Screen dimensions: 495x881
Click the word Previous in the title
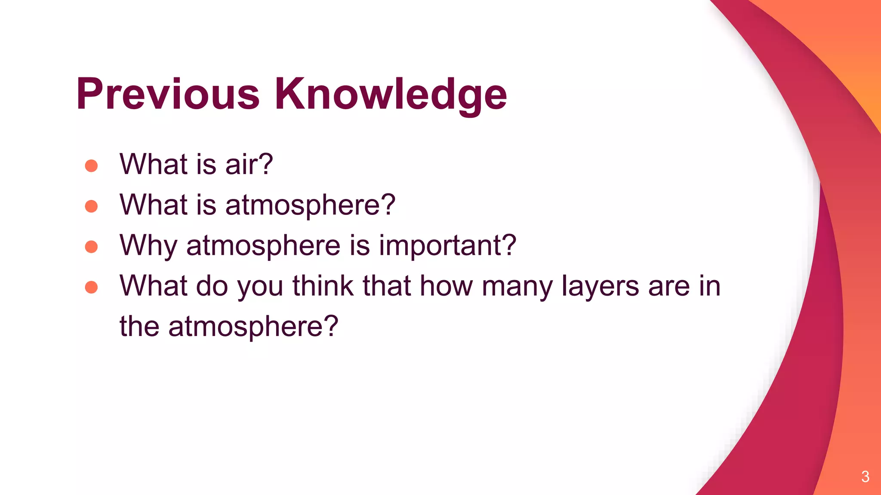[x=168, y=94]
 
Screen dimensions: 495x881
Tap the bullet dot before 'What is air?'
[x=91, y=165]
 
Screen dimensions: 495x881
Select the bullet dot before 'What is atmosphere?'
[x=91, y=206]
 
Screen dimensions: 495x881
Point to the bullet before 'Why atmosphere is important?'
[x=91, y=247]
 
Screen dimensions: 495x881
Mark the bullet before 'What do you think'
[x=91, y=287]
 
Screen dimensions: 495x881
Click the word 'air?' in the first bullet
[x=249, y=164]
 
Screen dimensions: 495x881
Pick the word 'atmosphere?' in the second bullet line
[x=310, y=205]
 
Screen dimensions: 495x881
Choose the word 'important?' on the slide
[x=447, y=246]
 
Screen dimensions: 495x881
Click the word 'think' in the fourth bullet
[x=323, y=286]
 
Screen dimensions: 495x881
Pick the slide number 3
[x=866, y=477]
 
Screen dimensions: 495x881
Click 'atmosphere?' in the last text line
[x=253, y=327]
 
